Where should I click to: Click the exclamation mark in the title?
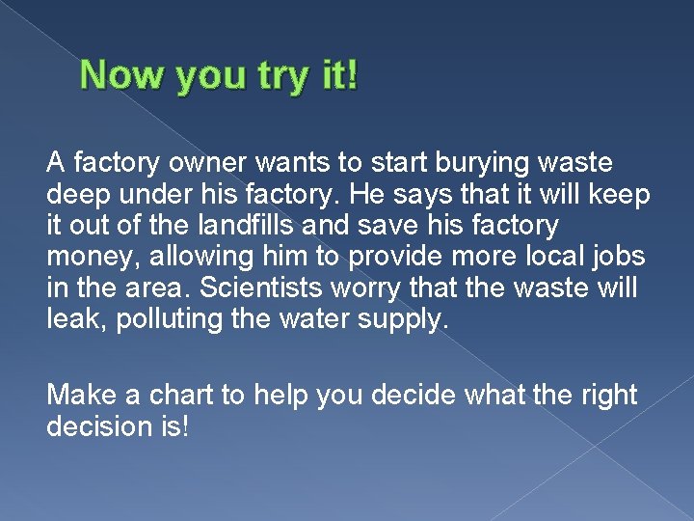point(351,75)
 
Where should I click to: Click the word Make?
point(82,395)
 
